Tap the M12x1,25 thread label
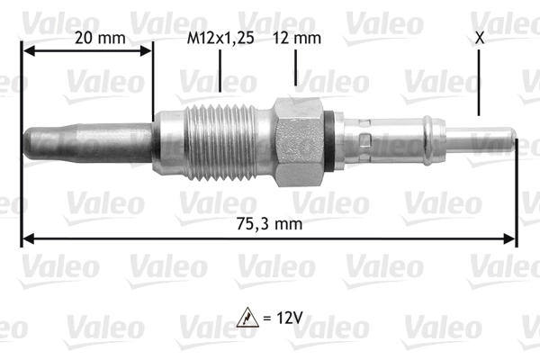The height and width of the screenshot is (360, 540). [220, 38]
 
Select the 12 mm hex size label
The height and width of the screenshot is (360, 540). [294, 38]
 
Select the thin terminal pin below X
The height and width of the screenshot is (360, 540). [490, 142]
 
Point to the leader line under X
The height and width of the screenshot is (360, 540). [478, 85]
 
